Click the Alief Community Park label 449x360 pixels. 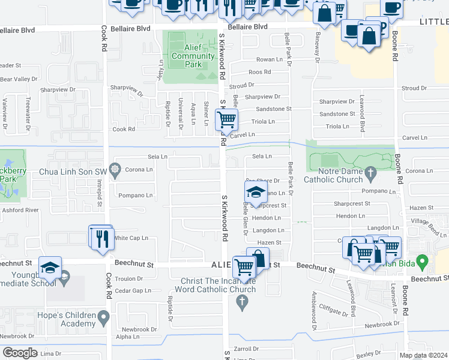[x=193, y=56]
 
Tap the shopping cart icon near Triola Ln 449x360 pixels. [x=226, y=120]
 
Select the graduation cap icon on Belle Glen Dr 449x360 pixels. [x=256, y=193]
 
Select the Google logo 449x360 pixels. [x=20, y=353]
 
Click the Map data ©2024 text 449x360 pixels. [x=423, y=355]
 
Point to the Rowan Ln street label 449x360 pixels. [x=270, y=59]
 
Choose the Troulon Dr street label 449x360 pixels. [x=128, y=279]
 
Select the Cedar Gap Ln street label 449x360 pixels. [x=133, y=291]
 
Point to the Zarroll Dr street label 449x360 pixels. [x=246, y=348]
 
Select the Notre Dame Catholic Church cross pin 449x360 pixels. [x=370, y=175]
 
